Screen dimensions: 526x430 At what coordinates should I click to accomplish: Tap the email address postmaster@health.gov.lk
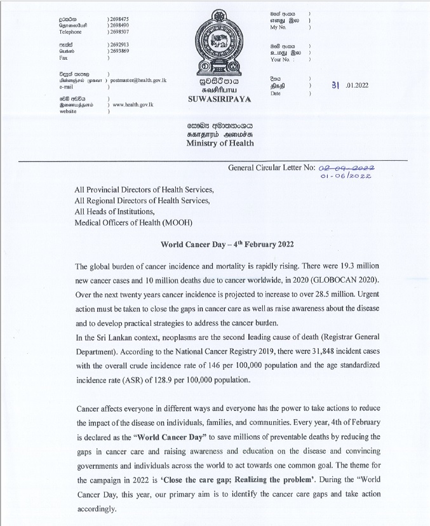pos(138,81)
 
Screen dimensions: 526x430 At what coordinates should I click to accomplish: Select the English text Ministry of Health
pos(220,144)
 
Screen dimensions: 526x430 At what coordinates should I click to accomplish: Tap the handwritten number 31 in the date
pos(335,86)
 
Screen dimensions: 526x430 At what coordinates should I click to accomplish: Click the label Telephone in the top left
pos(71,30)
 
